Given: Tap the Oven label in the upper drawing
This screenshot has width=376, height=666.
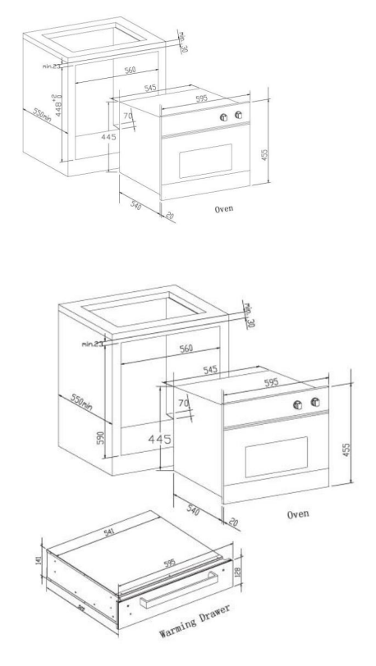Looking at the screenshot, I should tap(219, 208).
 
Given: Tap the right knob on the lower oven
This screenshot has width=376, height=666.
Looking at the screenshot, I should tap(313, 403).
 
